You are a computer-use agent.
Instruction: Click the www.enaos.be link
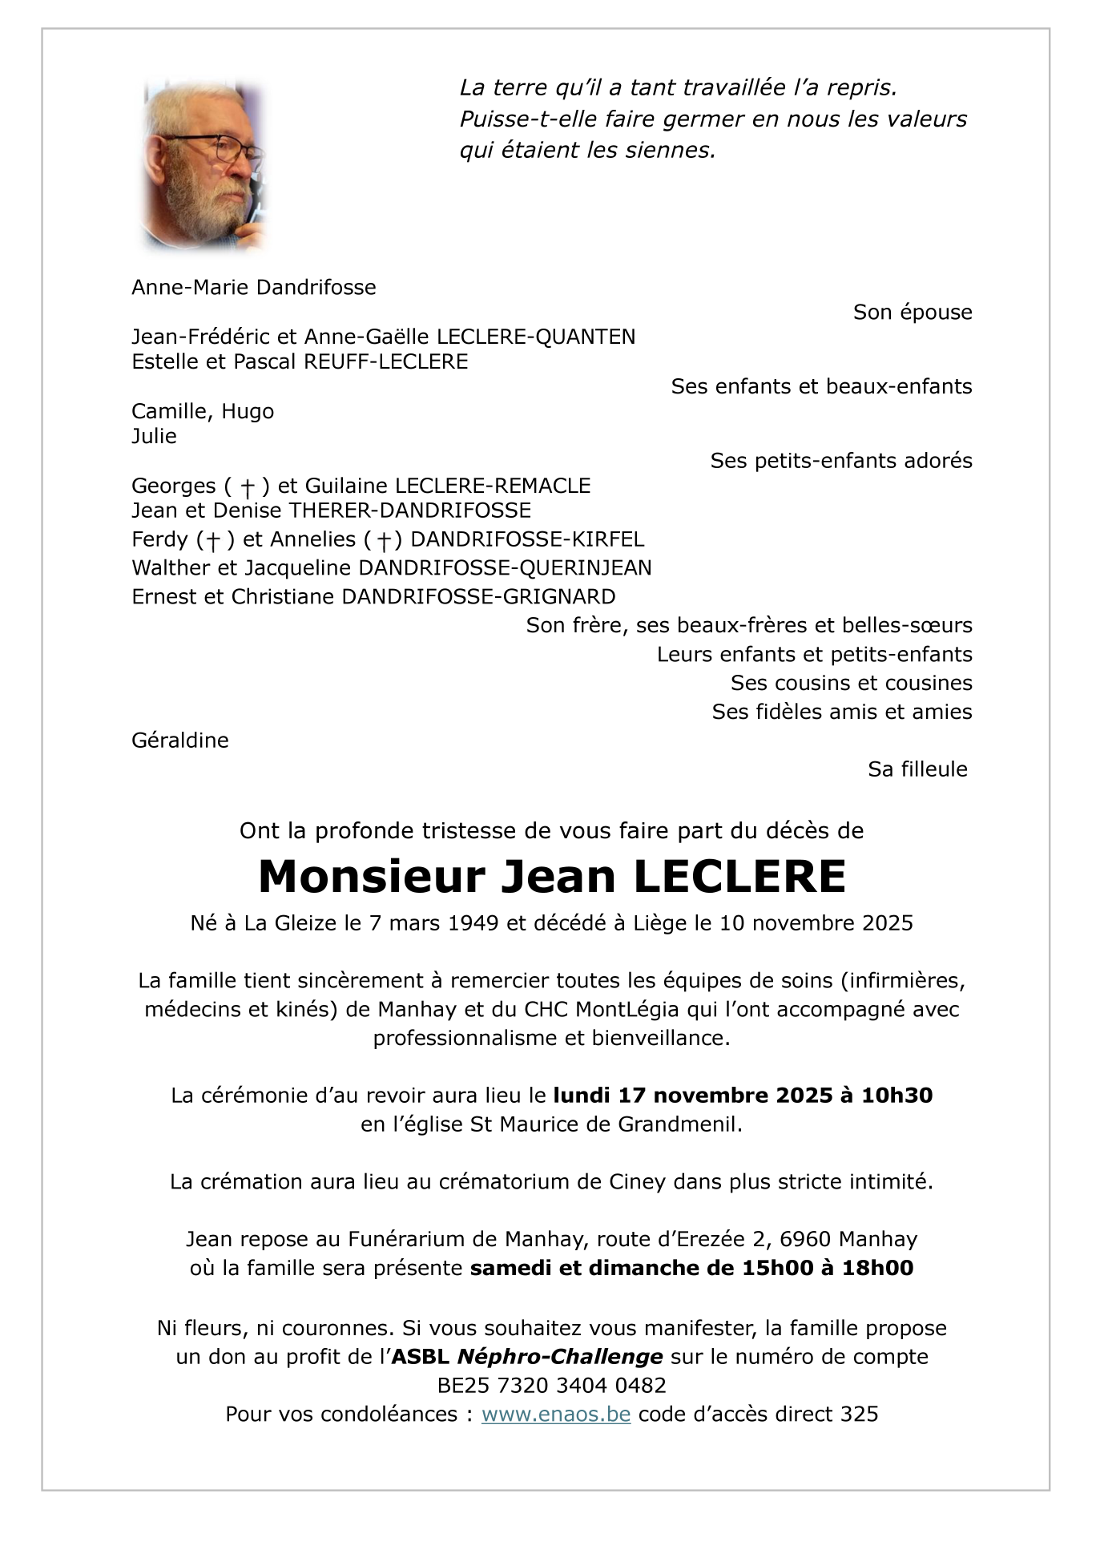(x=555, y=1415)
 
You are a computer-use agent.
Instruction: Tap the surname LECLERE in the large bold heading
(x=739, y=876)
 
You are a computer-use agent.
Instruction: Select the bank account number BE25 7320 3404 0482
(x=551, y=1386)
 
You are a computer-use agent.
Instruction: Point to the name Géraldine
(x=180, y=740)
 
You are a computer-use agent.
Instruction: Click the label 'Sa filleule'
(x=917, y=769)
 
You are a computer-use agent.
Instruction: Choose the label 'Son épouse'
(x=912, y=313)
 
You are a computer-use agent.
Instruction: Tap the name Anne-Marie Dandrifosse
(x=253, y=287)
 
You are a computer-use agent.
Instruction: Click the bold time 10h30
(x=896, y=1096)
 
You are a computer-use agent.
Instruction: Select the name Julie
(x=154, y=436)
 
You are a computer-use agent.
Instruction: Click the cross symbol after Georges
(x=248, y=487)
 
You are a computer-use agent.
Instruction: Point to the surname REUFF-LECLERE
(x=385, y=361)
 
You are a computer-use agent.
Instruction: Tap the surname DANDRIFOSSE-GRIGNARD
(x=478, y=597)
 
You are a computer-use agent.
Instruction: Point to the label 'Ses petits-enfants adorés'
(x=840, y=461)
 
